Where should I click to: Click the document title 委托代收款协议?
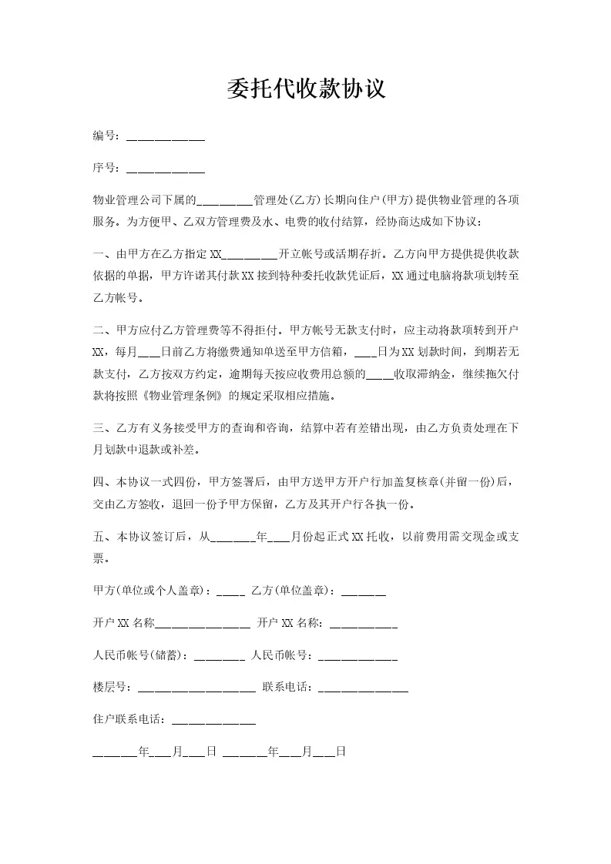pos(305,89)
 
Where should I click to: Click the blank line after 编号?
pos(165,139)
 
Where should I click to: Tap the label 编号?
pos(103,136)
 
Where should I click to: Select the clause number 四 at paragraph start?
pos(97,484)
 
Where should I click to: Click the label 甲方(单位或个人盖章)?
pos(151,591)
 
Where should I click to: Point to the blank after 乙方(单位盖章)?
pos(363,593)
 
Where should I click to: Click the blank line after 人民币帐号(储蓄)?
pos(220,658)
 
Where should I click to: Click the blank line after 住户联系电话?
pos(213,723)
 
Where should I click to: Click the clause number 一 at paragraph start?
pos(97,253)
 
